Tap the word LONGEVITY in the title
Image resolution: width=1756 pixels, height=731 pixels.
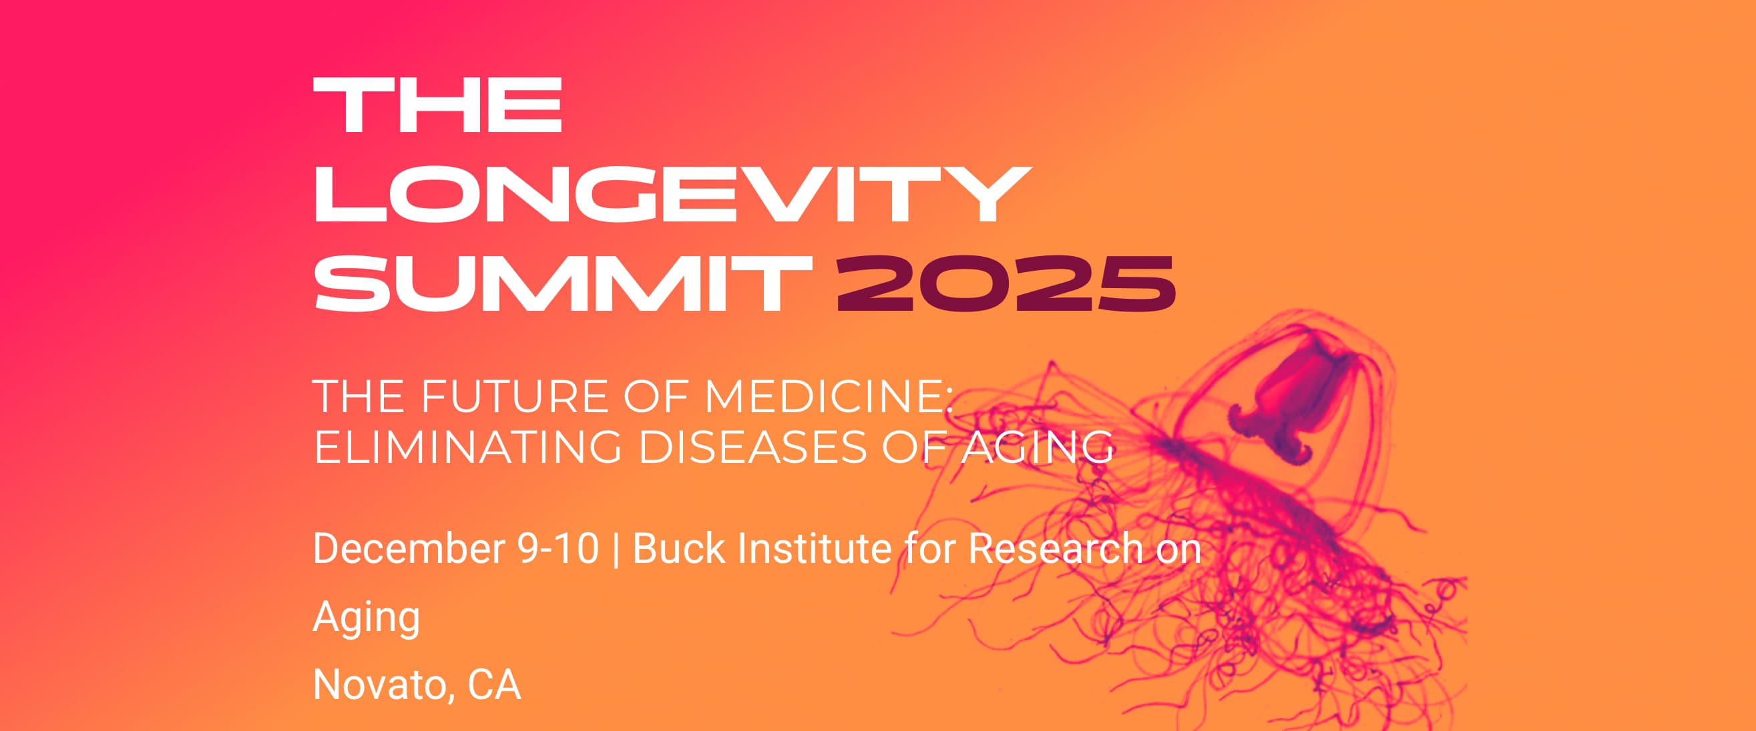672,194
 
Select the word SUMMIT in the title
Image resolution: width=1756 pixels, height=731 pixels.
563,284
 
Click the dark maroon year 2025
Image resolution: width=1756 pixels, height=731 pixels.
1006,284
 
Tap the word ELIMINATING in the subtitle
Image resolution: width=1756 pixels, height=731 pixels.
467,448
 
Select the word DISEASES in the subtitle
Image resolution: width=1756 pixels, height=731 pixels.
752,448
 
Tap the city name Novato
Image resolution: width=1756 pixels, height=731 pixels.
384,686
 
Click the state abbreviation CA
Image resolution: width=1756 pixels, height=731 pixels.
494,686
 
